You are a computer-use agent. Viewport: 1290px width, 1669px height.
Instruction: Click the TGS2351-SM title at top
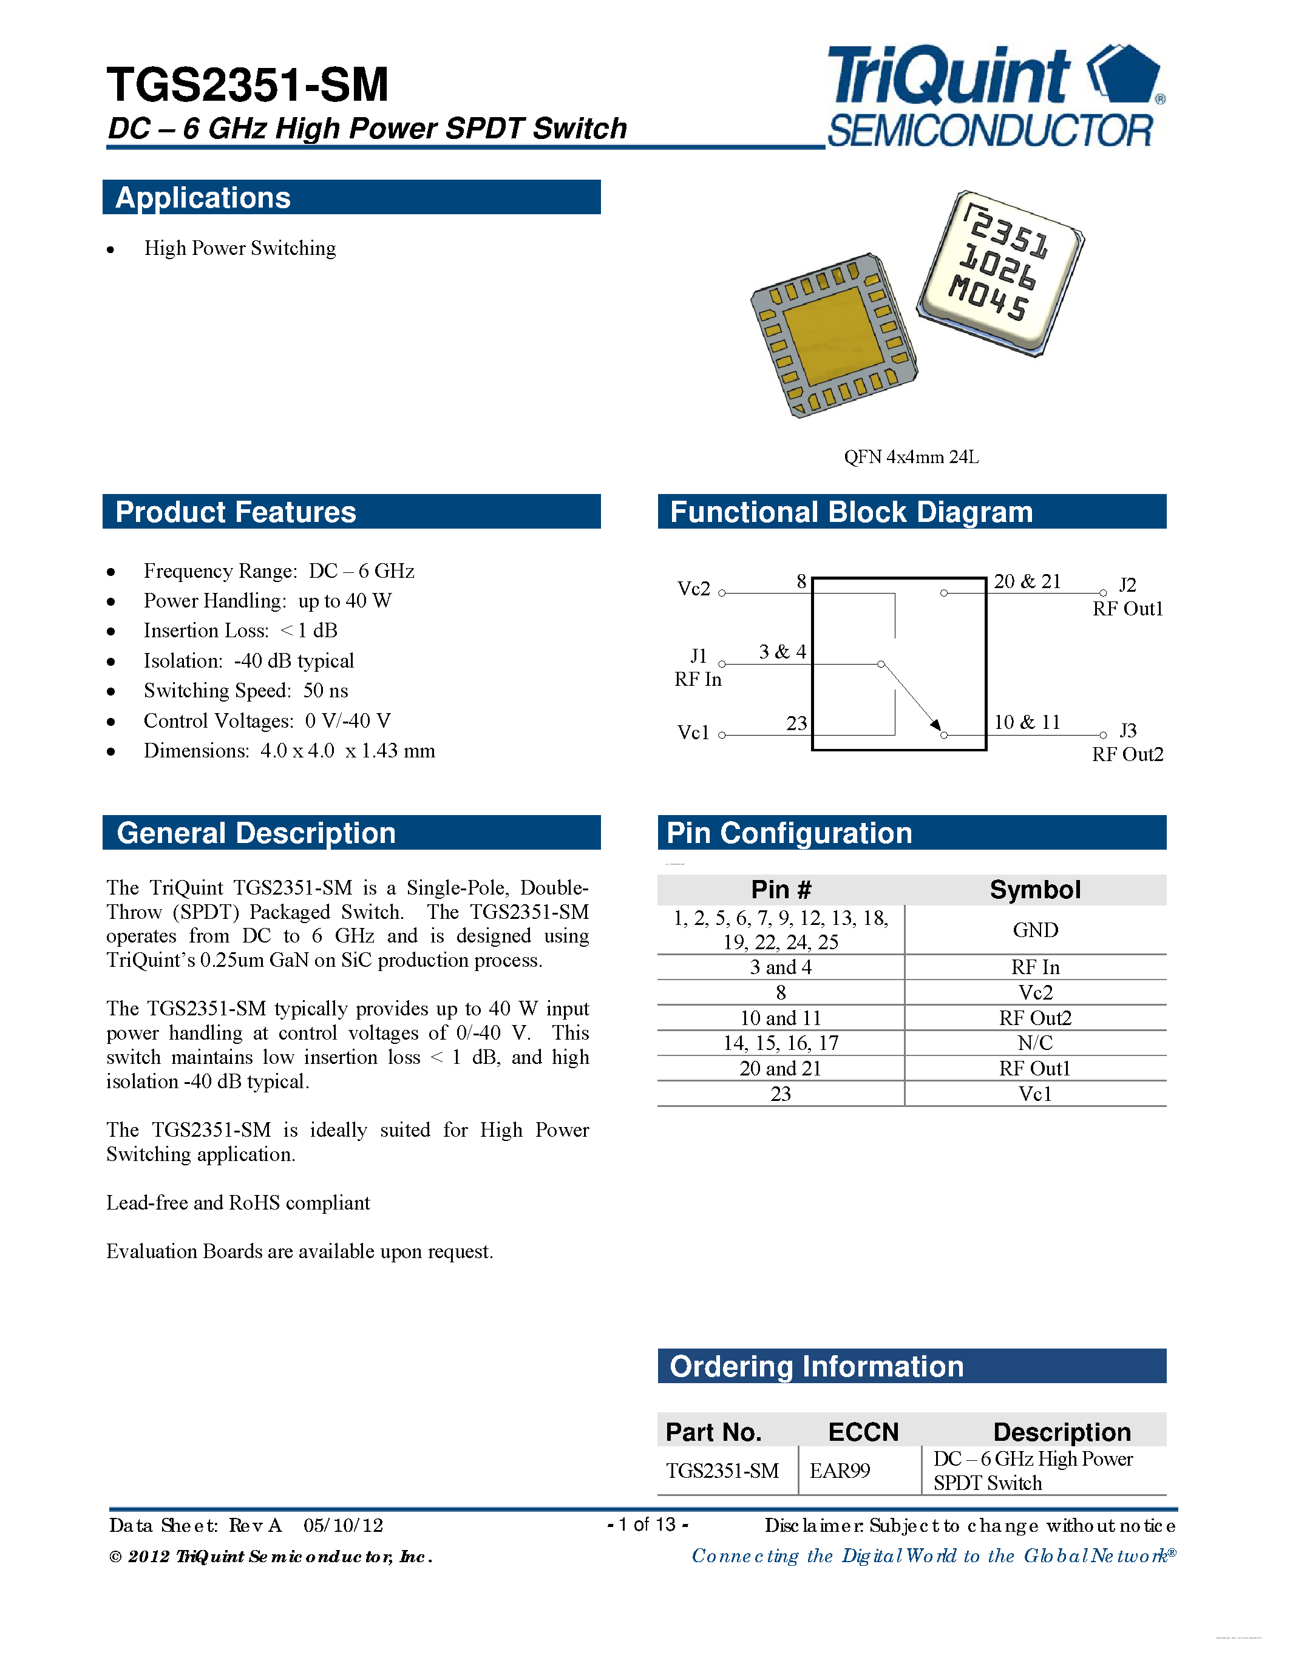(x=248, y=84)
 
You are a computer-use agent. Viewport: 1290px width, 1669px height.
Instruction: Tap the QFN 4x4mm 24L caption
(x=911, y=457)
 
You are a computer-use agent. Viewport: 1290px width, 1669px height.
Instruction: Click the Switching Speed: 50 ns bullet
(x=245, y=691)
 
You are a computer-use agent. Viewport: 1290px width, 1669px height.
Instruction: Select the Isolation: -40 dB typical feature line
(x=248, y=661)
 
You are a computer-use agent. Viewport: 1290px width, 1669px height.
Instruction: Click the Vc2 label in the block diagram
(x=693, y=589)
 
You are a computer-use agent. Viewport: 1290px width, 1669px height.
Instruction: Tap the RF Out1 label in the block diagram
(x=1127, y=609)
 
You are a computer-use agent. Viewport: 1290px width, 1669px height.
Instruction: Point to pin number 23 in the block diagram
(x=796, y=723)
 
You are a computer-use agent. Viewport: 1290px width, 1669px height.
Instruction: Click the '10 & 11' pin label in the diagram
(x=1027, y=722)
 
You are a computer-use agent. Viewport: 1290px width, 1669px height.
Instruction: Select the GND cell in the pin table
(x=1035, y=930)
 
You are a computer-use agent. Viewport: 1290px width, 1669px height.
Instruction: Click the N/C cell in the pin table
(x=1035, y=1043)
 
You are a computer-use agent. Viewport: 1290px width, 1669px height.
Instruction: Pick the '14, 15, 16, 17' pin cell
(x=780, y=1043)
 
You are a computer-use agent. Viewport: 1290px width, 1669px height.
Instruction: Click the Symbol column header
(x=1035, y=890)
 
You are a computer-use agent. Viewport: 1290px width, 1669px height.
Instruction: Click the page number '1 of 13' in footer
(x=647, y=1525)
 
